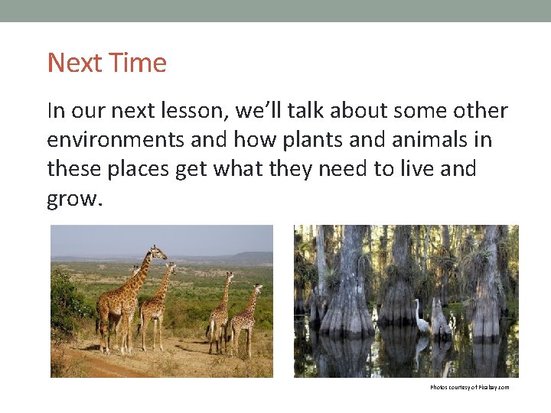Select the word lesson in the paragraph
[x=192, y=112]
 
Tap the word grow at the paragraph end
[x=70, y=198]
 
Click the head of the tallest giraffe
[x=158, y=251]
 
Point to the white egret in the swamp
[x=422, y=317]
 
